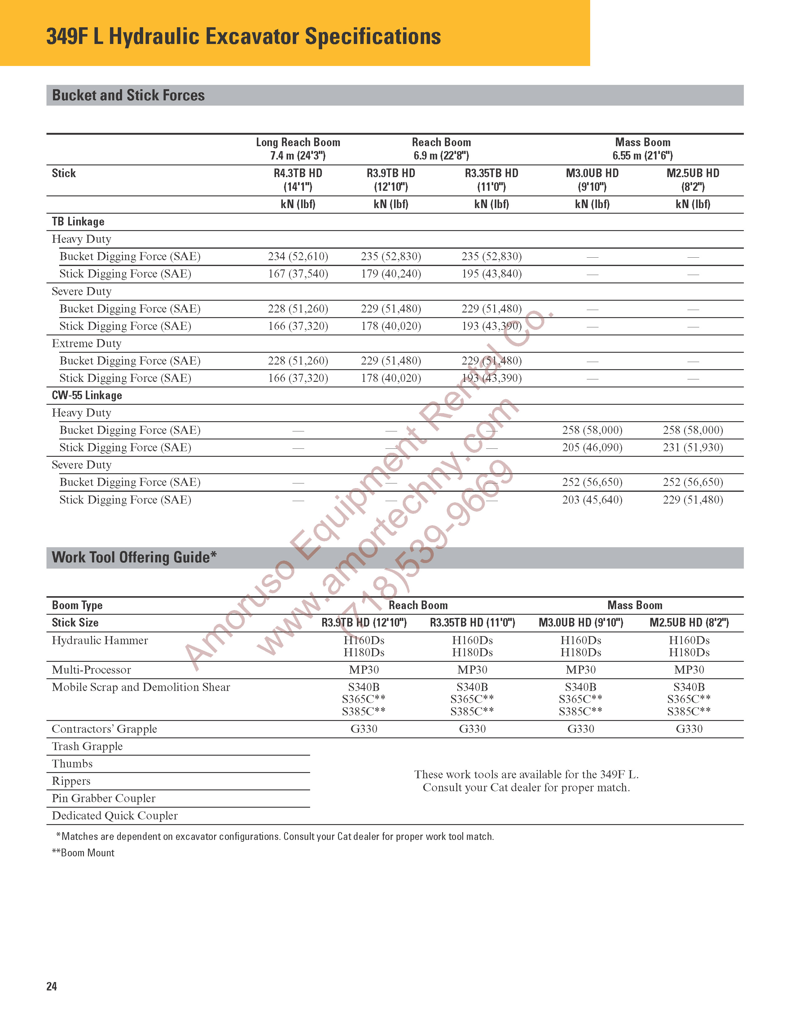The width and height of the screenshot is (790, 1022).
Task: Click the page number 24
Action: tap(51, 986)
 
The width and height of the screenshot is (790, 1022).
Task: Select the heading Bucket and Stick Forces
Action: tap(128, 95)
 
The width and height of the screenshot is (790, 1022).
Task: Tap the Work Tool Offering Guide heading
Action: tap(134, 557)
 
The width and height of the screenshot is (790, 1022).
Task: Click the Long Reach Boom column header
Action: tap(298, 142)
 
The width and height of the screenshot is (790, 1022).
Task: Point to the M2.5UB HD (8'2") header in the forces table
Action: tap(693, 180)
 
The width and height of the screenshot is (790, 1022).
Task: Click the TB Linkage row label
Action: tap(78, 222)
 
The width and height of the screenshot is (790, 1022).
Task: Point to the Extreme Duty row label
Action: tap(86, 343)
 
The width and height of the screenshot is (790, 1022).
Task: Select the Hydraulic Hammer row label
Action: tap(100, 640)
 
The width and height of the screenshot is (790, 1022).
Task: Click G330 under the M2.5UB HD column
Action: tap(689, 729)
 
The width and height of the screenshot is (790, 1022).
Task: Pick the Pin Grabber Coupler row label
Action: tap(103, 798)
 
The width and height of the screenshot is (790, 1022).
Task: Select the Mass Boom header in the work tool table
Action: tap(634, 605)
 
